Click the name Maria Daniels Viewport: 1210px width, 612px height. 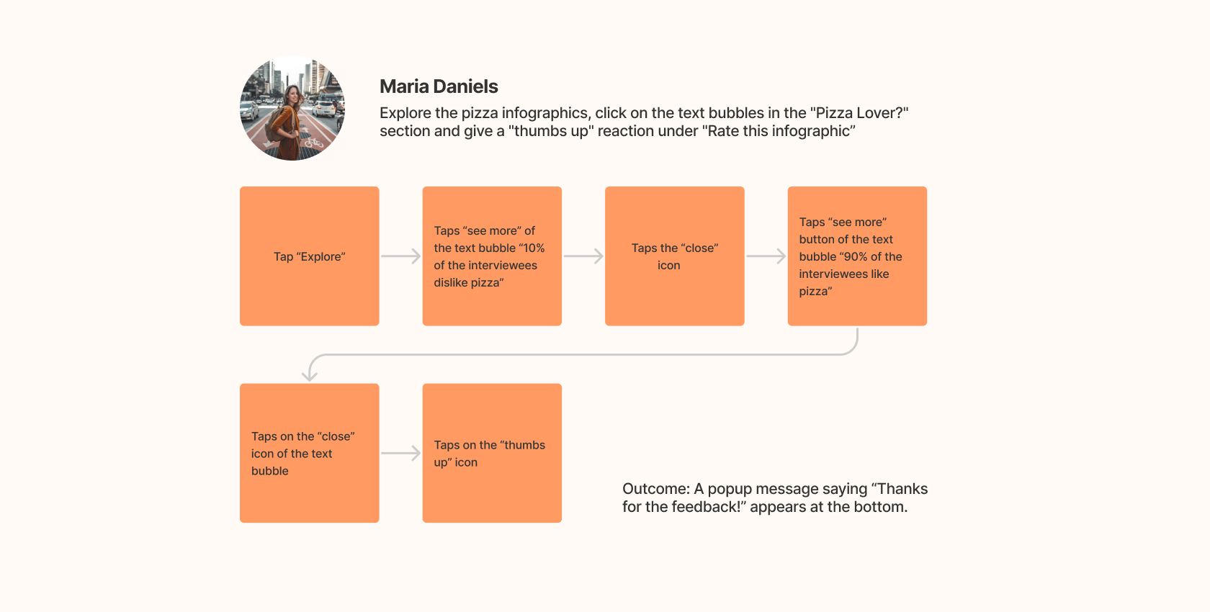pyautogui.click(x=439, y=86)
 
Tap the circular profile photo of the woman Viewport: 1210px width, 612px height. pyautogui.click(x=292, y=108)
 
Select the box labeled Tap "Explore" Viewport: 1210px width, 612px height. pyautogui.click(x=309, y=256)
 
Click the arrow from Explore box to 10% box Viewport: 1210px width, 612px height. pyautogui.click(x=400, y=256)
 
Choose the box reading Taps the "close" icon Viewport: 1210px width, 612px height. pyautogui.click(x=674, y=256)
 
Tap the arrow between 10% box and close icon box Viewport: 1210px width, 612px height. pyautogui.click(x=583, y=256)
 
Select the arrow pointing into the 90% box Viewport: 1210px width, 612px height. pyautogui.click(x=766, y=256)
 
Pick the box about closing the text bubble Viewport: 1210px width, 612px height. pyautogui.click(x=309, y=453)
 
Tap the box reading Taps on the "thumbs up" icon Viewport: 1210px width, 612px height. pyautogui.click(x=492, y=453)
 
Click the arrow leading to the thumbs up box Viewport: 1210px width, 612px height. pyautogui.click(x=400, y=453)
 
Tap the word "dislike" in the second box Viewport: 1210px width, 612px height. pyautogui.click(x=450, y=282)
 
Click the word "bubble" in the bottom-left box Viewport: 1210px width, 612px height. pyautogui.click(x=269, y=471)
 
